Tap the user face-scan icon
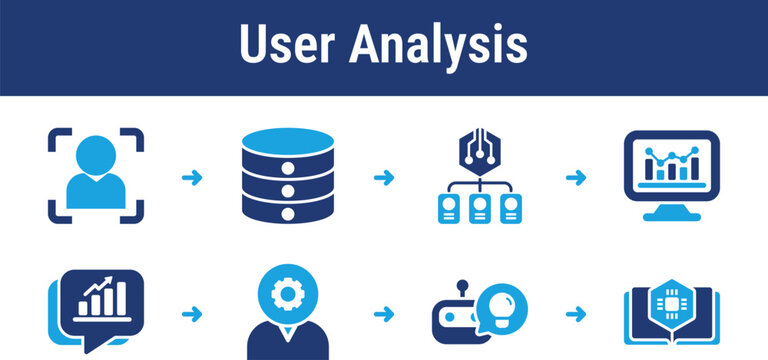pos(96,175)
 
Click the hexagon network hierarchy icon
pos(479,177)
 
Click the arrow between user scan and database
pos(189,178)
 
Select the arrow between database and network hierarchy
pos(383,178)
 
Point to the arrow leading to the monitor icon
pos(576,178)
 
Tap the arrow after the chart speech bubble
pos(189,314)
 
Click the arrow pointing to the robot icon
pos(383,314)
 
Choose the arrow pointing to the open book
pos(576,314)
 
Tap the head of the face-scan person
pos(96,156)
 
